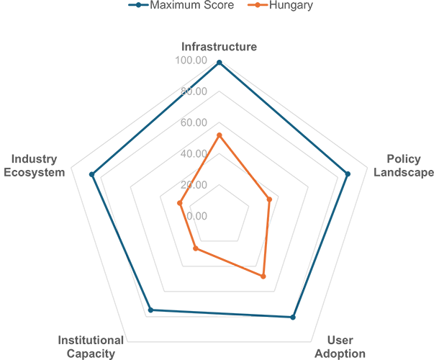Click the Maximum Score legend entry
[181, 5]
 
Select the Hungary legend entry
[280, 5]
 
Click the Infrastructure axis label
[219, 47]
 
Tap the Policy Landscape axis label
[404, 166]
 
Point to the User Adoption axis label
[340, 347]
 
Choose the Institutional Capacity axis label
[91, 347]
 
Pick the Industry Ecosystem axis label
[34, 166]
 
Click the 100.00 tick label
[191, 60]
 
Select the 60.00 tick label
[194, 122]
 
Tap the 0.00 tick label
[196, 216]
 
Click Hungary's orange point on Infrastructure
[219, 135]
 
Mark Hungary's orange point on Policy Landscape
[269, 199]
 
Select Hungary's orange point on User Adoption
[263, 276]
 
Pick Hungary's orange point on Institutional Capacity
[196, 248]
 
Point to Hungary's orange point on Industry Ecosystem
[180, 203]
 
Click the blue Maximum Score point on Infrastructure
[219, 63]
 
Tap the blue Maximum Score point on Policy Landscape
[348, 174]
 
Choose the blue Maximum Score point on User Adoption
[293, 318]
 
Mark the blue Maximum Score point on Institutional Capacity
[150, 310]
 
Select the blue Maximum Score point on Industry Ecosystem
[91, 174]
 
